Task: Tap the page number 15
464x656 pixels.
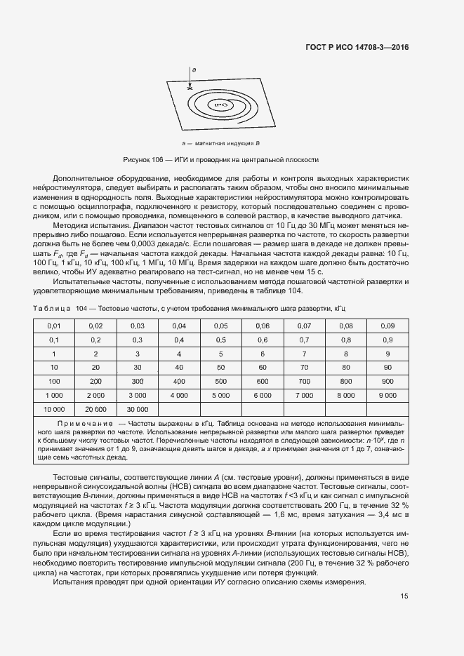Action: [404, 596]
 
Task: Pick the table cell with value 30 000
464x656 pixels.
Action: [137, 408]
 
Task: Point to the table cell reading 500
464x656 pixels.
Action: [220, 381]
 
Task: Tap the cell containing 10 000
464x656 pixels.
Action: [54, 408]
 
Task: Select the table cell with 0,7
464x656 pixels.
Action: [304, 340]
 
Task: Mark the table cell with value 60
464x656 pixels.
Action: [263, 368]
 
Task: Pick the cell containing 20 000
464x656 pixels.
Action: [95, 408]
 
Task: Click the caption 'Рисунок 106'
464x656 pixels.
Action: [142, 159]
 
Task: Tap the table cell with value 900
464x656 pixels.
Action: [387, 381]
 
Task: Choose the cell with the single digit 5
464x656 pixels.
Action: [220, 354]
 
